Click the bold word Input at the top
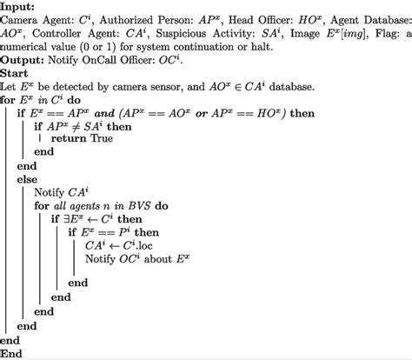18,7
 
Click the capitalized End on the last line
13,352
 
